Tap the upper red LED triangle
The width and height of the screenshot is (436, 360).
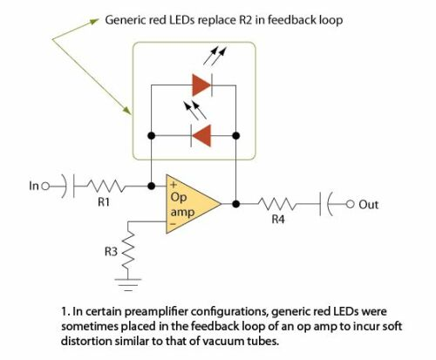201,85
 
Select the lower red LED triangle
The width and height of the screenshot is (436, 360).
201,135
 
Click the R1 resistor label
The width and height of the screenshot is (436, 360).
104,201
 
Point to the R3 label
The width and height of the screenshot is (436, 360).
111,251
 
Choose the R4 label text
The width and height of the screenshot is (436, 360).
278,220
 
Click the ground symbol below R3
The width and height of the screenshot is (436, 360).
128,285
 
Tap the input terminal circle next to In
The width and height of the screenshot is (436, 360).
45,186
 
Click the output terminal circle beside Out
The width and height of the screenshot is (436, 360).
351,204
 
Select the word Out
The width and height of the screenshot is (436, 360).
368,205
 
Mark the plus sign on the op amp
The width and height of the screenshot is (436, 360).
174,185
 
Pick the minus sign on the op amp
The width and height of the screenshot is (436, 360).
173,224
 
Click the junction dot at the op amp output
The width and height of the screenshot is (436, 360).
236,204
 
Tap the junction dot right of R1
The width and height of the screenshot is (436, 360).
151,186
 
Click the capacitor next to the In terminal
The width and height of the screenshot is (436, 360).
69,186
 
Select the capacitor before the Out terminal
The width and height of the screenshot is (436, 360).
325,204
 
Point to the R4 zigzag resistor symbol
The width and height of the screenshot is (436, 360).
276,204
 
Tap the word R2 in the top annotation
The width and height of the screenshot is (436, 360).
245,20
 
